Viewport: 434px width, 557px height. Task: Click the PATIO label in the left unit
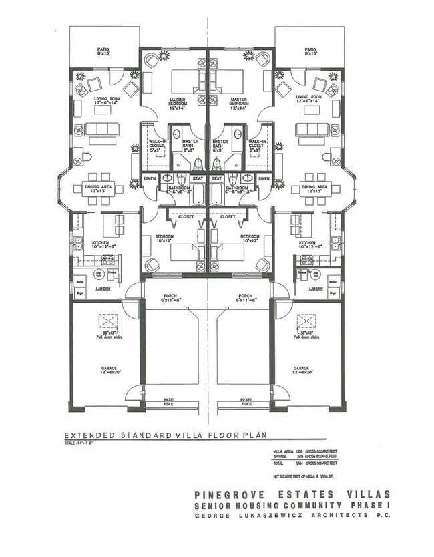coord(103,49)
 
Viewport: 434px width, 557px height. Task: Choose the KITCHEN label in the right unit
coord(307,243)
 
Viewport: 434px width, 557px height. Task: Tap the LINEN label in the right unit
coord(264,178)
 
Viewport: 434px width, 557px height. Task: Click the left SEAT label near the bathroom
coord(198,178)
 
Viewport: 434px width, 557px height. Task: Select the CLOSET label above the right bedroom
coord(228,216)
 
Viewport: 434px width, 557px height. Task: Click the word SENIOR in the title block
coord(215,506)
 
